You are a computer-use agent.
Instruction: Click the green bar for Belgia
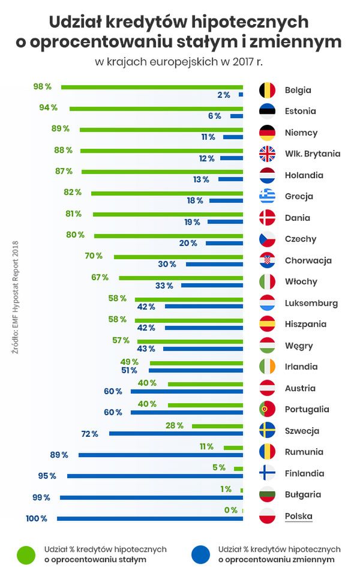152,87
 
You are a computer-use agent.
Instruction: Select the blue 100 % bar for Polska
150,518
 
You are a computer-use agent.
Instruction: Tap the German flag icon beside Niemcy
267,133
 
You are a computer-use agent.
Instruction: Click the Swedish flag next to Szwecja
267,431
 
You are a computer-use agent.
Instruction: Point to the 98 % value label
42,86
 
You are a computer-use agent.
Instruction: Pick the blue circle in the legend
200,554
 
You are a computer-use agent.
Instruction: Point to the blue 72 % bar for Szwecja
176,433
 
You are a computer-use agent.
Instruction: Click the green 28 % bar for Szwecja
217,426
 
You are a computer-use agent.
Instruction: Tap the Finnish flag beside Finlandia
267,473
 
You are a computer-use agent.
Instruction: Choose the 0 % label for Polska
230,510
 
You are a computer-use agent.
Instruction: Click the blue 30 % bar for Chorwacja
214,264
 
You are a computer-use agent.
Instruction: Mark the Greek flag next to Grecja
267,196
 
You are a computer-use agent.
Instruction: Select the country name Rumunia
304,452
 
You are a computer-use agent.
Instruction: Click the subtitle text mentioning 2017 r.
179,61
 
